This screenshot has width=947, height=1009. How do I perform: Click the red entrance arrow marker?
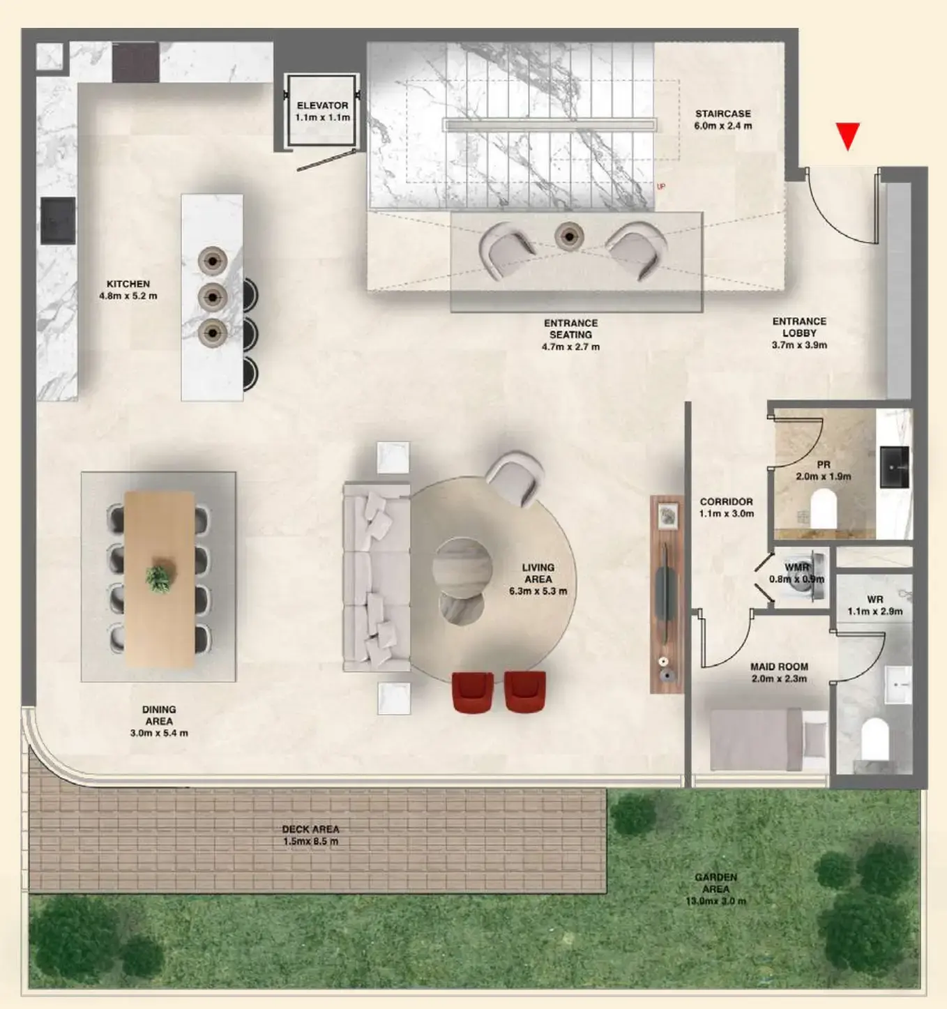click(847, 136)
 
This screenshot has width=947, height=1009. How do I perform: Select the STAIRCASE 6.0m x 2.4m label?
click(722, 120)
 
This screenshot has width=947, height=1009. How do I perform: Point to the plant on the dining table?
click(159, 578)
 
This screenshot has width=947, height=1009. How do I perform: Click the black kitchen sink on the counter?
click(57, 220)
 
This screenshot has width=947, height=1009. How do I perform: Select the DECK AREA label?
click(310, 835)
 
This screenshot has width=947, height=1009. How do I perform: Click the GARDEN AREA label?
click(715, 889)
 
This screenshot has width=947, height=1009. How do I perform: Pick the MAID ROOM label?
click(779, 672)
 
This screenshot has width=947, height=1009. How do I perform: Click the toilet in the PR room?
click(824, 508)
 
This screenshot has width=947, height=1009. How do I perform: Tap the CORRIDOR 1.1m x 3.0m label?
click(726, 507)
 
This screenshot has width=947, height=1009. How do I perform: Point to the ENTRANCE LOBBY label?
click(799, 333)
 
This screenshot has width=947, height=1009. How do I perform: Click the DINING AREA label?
click(159, 721)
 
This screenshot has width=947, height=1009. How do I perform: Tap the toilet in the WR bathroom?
click(874, 738)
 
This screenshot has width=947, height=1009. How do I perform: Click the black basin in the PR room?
click(894, 466)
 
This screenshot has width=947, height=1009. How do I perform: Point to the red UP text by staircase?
click(660, 186)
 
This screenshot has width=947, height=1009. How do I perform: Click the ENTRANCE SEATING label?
click(570, 335)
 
